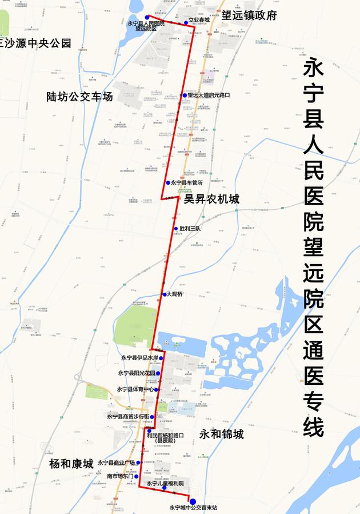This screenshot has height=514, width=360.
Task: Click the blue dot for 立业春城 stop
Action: [178, 23]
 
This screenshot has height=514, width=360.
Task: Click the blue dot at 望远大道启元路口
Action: [183, 95]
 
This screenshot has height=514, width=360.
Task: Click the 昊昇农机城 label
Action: [211, 199]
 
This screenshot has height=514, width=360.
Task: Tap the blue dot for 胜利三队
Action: [176, 229]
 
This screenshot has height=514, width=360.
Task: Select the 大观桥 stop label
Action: [175, 294]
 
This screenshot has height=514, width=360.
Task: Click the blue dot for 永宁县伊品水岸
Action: [161, 358]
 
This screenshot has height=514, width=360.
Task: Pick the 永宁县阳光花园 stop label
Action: [137, 373]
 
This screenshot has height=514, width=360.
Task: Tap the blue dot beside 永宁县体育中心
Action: [156, 389]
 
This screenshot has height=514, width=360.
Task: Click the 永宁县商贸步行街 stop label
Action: [127, 417]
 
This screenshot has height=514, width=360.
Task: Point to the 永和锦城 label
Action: [221, 435]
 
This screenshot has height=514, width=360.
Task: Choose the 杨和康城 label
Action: [71, 463]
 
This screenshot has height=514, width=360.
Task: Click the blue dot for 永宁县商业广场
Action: [138, 463]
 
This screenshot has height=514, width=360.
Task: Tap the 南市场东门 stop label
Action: [120, 476]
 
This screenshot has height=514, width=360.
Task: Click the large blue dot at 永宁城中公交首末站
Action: [193, 501]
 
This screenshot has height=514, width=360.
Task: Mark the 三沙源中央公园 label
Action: [35, 43]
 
